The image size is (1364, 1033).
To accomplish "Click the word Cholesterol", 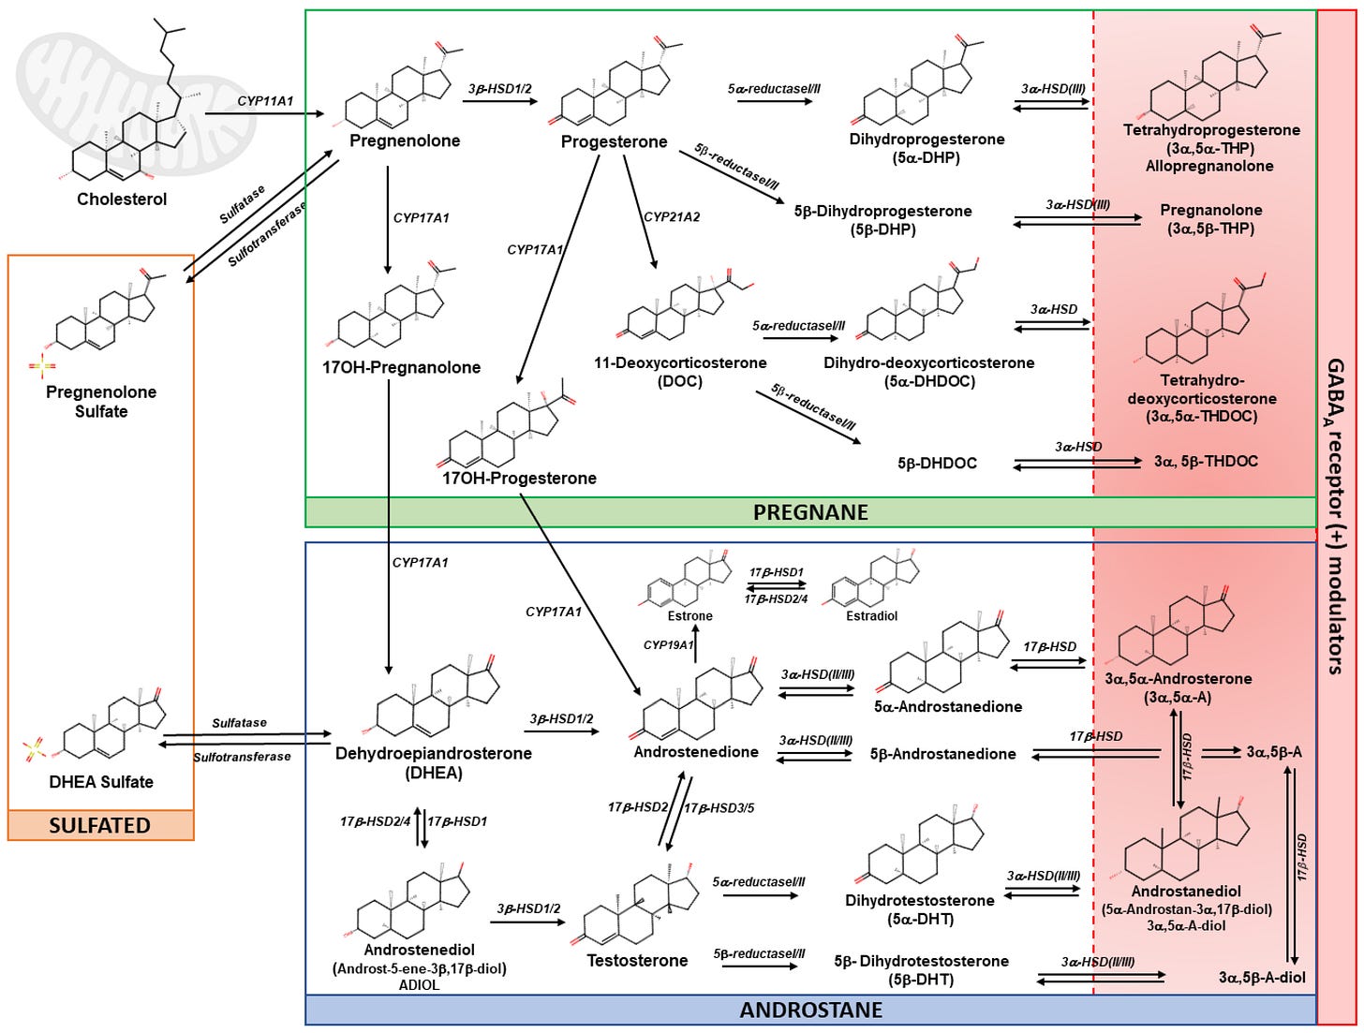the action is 122,199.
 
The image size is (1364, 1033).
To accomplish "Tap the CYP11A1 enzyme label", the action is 265,100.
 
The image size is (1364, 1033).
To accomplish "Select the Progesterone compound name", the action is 614,141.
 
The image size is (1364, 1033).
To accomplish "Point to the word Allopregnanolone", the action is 1209,166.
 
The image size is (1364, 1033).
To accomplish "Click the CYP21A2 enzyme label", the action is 672,216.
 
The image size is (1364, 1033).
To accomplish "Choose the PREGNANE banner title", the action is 810,512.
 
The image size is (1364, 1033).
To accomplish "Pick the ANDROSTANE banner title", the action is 810,1010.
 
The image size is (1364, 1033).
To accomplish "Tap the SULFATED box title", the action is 100,825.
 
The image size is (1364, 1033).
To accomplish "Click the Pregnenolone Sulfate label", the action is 101,401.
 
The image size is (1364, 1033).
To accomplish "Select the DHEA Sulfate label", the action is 101,781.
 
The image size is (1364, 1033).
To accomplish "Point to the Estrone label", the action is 689,615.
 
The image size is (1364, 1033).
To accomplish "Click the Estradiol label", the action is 872,615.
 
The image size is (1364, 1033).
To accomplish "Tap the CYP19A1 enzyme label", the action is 668,645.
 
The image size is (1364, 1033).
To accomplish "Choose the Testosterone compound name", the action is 637,961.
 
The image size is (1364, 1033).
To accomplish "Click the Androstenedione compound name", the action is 696,752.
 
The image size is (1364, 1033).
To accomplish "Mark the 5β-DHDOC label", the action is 937,463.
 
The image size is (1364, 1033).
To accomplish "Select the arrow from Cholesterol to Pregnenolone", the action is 265,113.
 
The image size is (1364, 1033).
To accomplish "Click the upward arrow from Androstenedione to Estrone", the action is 695,643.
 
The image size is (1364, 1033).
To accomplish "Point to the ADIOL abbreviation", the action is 419,985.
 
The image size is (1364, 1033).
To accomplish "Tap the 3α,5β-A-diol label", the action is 1262,977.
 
